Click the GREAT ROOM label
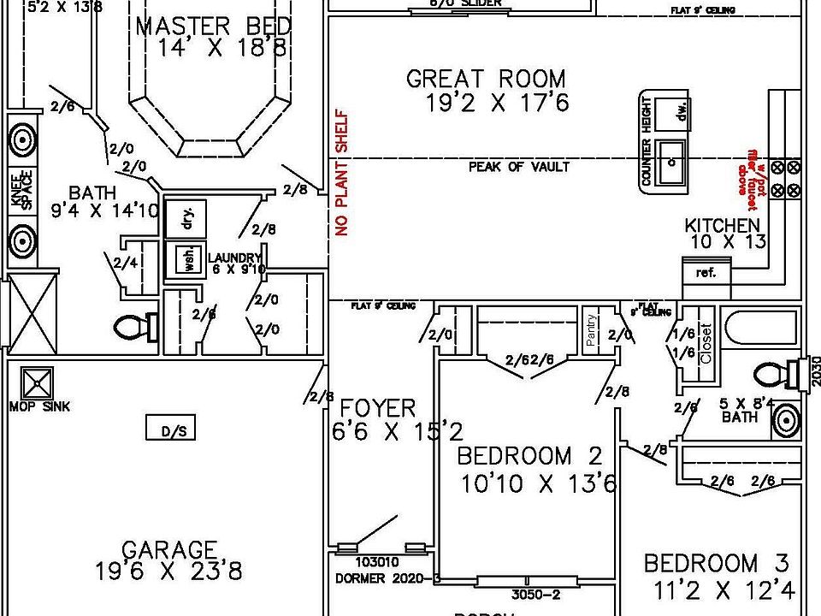click(x=486, y=80)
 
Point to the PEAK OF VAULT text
click(x=518, y=167)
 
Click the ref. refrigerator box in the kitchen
click(x=706, y=273)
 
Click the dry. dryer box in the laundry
click(x=187, y=219)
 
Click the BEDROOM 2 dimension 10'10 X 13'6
click(x=538, y=484)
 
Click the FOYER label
click(x=378, y=408)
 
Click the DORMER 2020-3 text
click(x=386, y=579)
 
